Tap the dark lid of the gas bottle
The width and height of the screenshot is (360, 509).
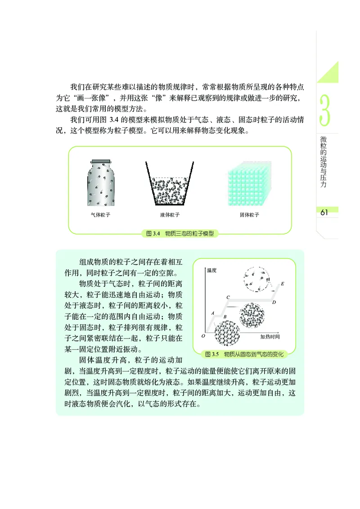click(99, 160)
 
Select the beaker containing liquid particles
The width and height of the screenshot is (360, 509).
click(169, 183)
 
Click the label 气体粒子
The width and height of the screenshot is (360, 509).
click(100, 215)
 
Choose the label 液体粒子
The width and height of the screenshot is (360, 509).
click(170, 215)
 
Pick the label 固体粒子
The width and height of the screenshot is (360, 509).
click(249, 215)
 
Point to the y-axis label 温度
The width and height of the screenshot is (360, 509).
click(212, 270)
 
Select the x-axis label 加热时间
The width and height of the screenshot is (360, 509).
click(270, 336)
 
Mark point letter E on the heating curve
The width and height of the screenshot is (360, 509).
click(282, 284)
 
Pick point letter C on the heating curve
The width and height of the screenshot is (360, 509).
click(228, 297)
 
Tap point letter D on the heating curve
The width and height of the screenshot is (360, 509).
click(274, 303)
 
